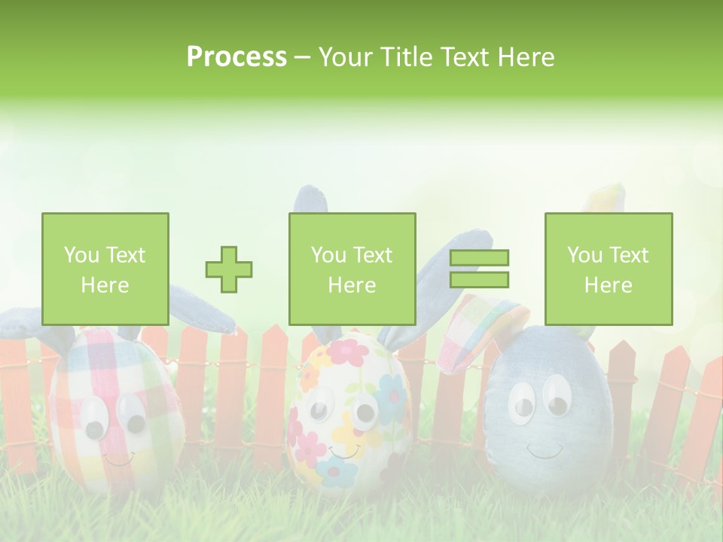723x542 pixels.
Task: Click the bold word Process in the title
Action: (236, 57)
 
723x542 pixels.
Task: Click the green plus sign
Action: (229, 269)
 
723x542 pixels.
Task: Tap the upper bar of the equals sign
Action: (479, 258)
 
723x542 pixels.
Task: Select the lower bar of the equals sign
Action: (479, 279)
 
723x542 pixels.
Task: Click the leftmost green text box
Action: (105, 269)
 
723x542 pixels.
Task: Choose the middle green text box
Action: (352, 269)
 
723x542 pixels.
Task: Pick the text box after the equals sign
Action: (609, 269)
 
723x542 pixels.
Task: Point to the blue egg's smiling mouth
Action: (544, 451)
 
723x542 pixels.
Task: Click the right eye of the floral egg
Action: (366, 410)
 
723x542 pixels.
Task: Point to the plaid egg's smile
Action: (117, 458)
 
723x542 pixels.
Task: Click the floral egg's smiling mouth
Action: (343, 452)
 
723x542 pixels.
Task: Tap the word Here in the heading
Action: (526, 57)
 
